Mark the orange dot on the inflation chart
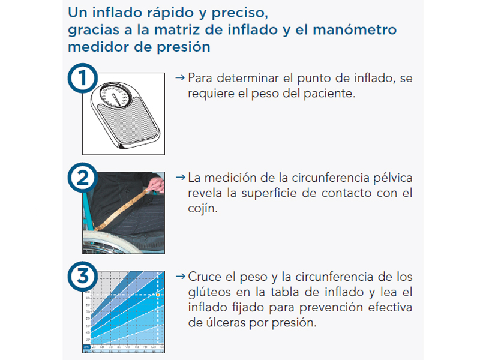(x=158, y=295)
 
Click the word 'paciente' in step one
(x=326, y=94)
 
